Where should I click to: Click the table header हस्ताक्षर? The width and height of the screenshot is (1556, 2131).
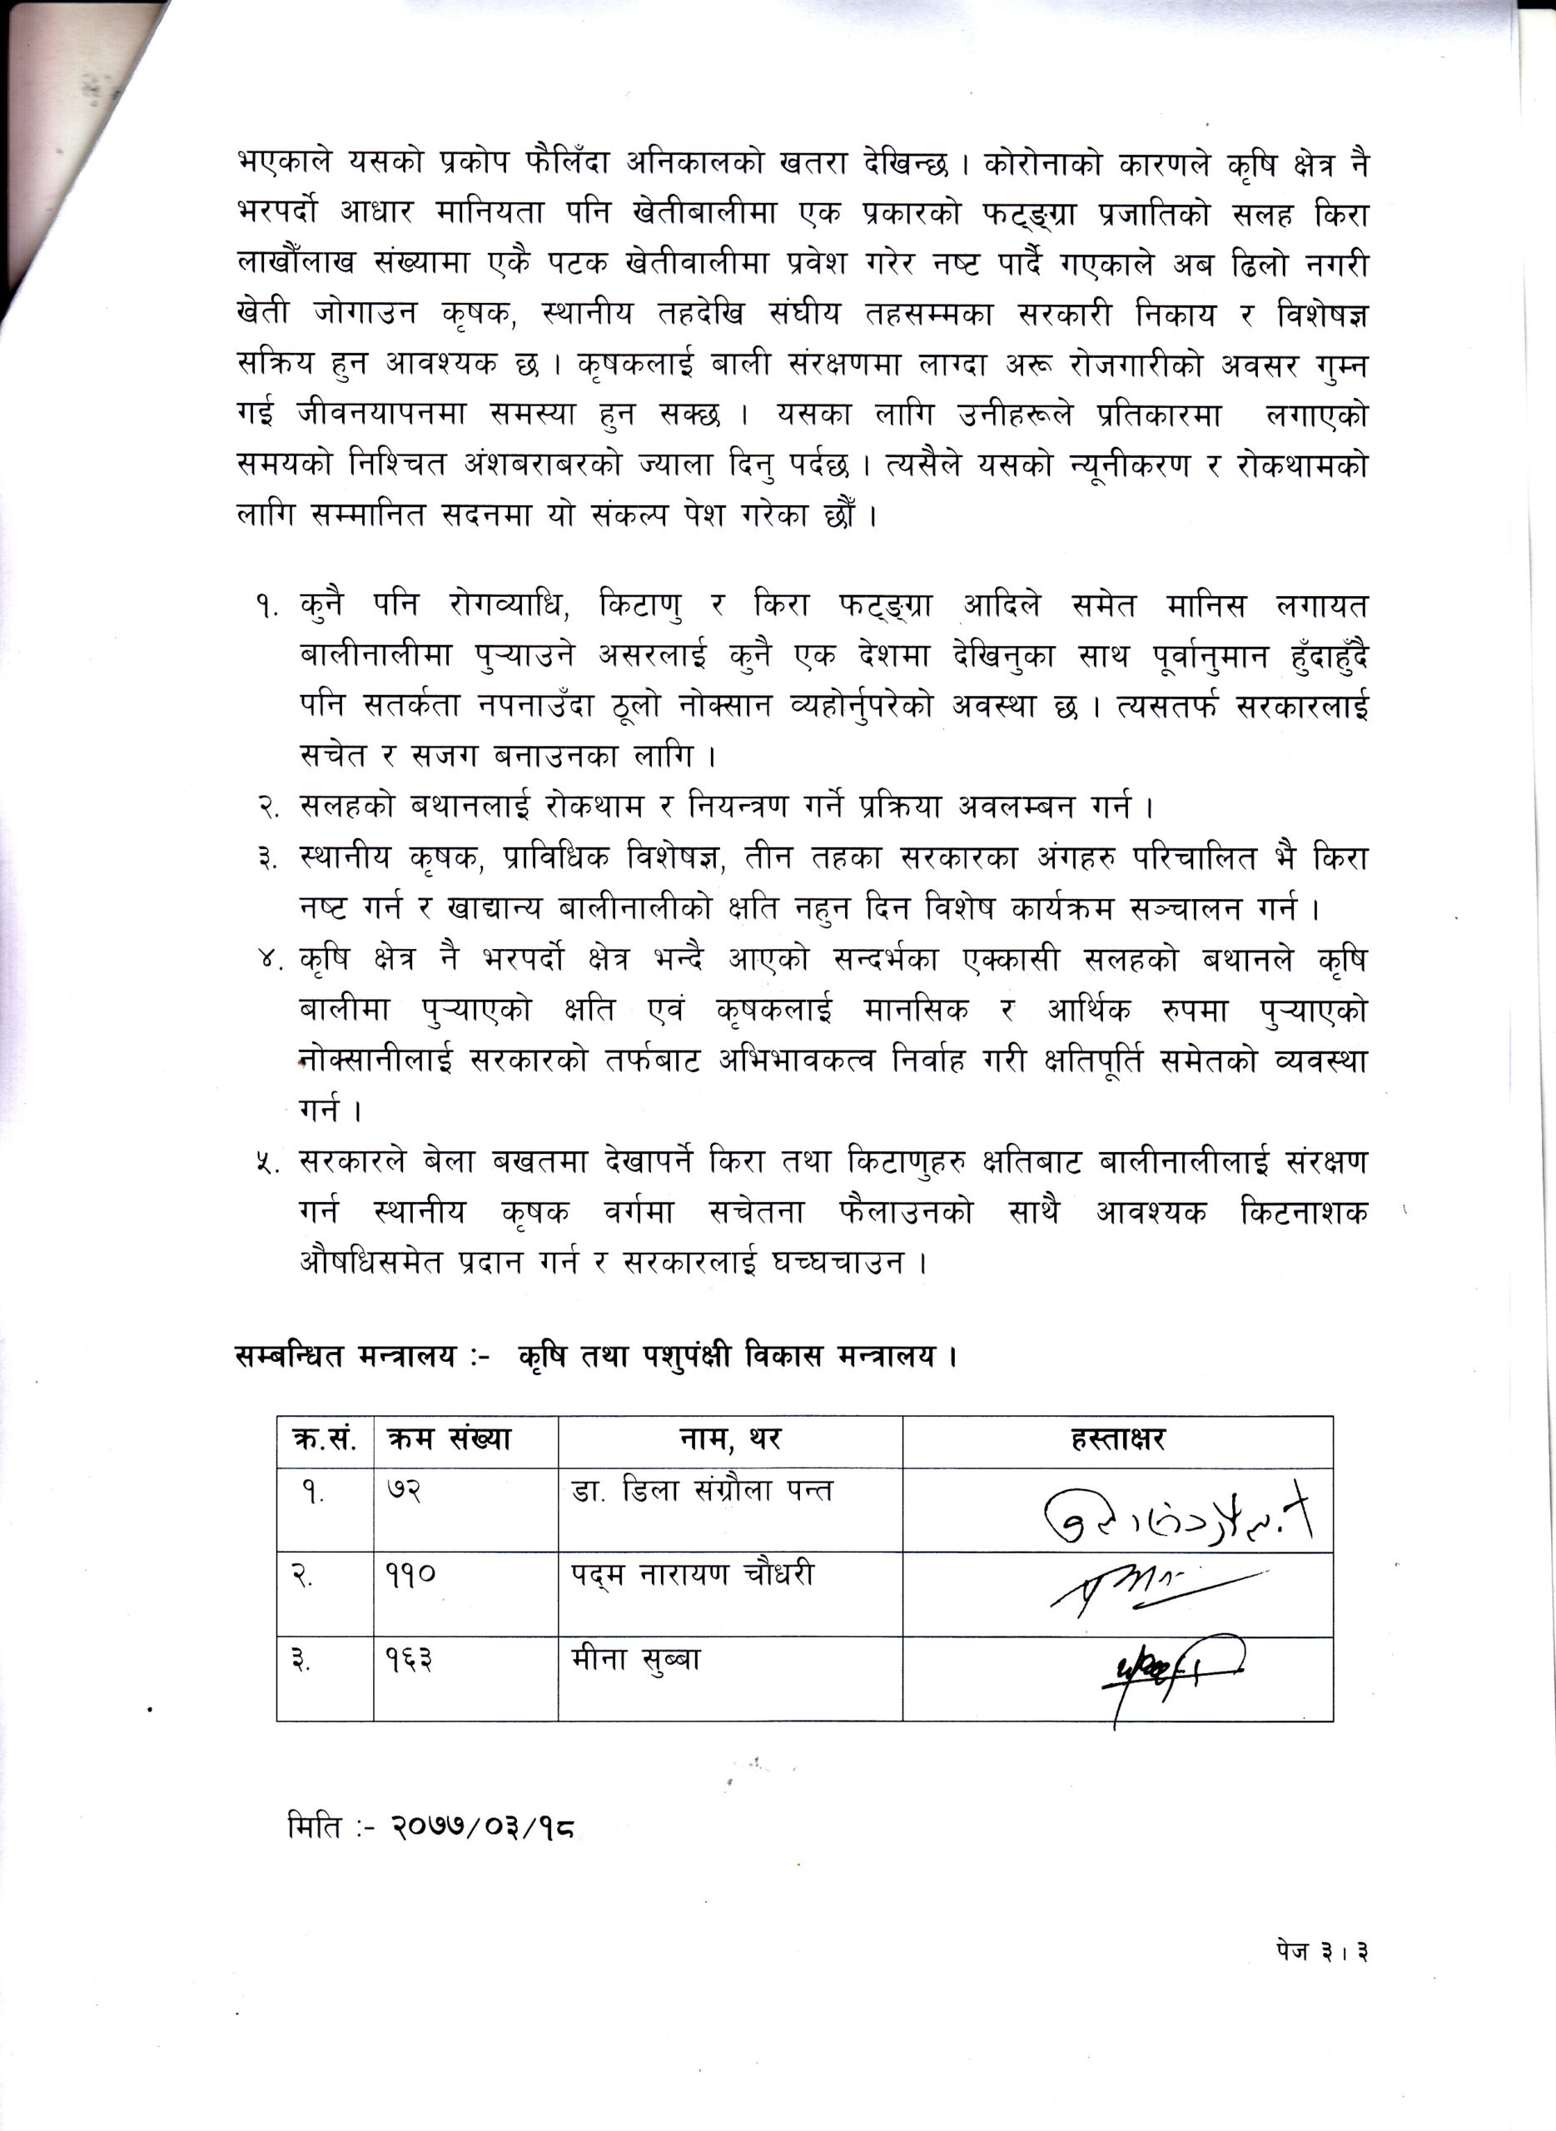[1117, 1440]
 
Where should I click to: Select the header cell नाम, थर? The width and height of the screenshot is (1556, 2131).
[730, 1440]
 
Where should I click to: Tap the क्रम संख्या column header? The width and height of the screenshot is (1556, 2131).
[449, 1440]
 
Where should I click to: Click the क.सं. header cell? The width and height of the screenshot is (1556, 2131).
[324, 1440]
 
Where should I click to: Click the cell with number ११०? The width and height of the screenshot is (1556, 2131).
[410, 1576]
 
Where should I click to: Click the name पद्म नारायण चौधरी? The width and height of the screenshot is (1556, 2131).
[693, 1576]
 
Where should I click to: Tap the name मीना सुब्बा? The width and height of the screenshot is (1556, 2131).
[637, 1659]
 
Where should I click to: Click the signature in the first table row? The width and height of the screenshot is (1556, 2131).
[1177, 1518]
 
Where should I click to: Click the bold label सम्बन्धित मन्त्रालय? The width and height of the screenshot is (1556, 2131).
[345, 1356]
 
